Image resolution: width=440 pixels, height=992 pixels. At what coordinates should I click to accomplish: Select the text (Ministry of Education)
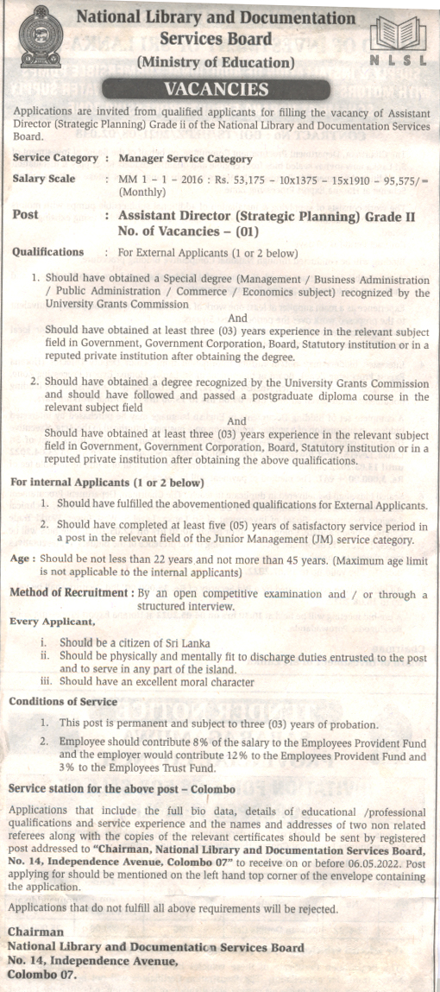coord(216,62)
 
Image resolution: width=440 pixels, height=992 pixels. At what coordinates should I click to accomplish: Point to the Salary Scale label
coord(44,179)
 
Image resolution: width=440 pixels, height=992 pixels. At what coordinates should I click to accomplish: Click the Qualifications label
coord(48,253)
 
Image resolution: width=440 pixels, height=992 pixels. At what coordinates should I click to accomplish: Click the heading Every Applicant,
coord(52,621)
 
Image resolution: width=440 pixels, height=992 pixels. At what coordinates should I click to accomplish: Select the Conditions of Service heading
coord(63,701)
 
